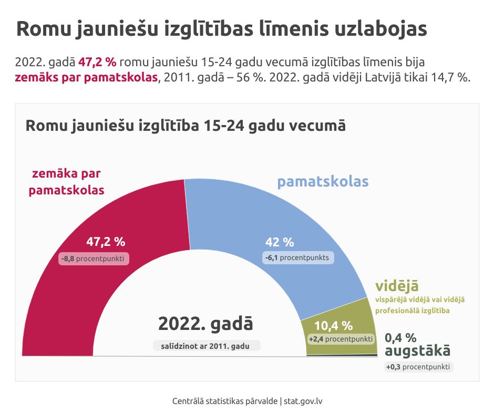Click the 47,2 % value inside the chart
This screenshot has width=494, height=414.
pos(106,242)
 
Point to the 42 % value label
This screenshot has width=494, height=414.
pos(280,242)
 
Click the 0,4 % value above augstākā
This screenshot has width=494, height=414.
pos(400,337)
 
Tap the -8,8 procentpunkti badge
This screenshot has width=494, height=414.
pos(95,259)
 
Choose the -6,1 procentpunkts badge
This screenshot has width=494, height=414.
pos(297,258)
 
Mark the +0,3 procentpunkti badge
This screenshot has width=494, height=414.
pos(418,367)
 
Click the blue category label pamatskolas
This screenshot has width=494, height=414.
pos(323,182)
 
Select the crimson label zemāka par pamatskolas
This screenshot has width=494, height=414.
pos(66,182)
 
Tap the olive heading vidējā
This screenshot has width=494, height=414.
pos(397,286)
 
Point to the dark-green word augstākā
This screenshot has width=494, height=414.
pos(417,351)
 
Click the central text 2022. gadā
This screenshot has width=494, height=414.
pos(205,324)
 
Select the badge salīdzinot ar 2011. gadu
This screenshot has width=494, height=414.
pos(207,346)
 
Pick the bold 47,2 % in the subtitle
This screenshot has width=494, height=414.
pos(97,61)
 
